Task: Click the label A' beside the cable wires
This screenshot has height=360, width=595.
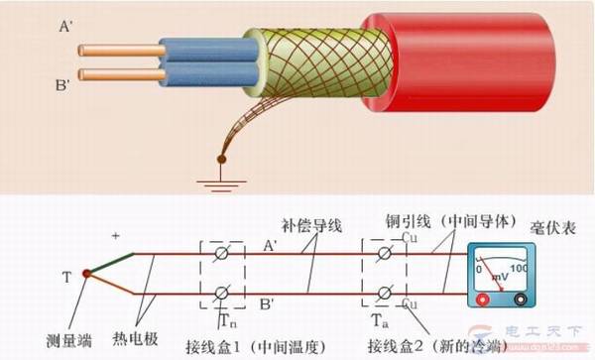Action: (x=64, y=29)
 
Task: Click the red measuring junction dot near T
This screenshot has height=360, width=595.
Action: (x=87, y=273)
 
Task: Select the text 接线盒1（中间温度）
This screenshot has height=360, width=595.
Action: (x=265, y=345)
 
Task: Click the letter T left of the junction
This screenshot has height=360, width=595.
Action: (x=65, y=278)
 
